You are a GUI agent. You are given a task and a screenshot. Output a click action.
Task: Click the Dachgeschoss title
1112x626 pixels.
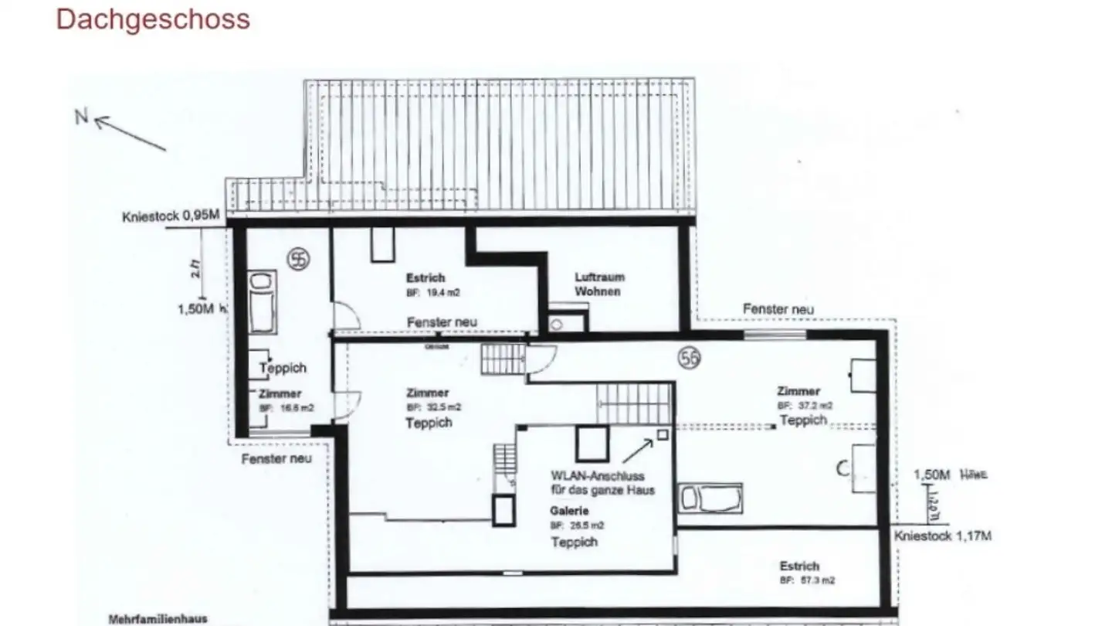pos(153,19)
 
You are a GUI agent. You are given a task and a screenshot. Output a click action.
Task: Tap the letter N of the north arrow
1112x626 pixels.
pos(81,117)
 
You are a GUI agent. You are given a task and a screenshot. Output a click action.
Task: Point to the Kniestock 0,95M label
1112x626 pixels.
pos(171,216)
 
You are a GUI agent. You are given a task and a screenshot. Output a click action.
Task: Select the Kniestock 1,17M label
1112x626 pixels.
pos(943,536)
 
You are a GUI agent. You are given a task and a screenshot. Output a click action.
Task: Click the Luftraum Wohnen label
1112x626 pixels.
pos(599,284)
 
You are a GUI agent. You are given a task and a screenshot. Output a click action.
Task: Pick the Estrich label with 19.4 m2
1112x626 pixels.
pos(426,277)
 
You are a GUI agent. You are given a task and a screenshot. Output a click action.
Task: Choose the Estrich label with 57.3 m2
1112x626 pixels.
pos(799,566)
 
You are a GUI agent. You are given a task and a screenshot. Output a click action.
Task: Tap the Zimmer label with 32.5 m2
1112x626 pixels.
pos(427,393)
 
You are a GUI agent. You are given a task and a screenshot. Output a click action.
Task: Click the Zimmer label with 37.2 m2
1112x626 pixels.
pos(798,391)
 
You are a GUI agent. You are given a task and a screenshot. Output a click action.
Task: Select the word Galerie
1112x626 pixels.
pos(569,511)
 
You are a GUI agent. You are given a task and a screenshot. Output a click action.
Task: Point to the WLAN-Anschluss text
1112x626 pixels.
pos(597,476)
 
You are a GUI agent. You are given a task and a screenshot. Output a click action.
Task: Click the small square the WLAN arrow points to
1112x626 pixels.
pos(662,435)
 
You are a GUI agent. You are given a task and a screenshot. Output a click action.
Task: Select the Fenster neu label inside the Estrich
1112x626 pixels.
pos(442,322)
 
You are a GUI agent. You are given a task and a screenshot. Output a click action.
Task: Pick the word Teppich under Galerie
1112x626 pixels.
pos(574,542)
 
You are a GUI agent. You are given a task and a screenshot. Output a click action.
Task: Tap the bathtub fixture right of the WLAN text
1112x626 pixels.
pos(710,498)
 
